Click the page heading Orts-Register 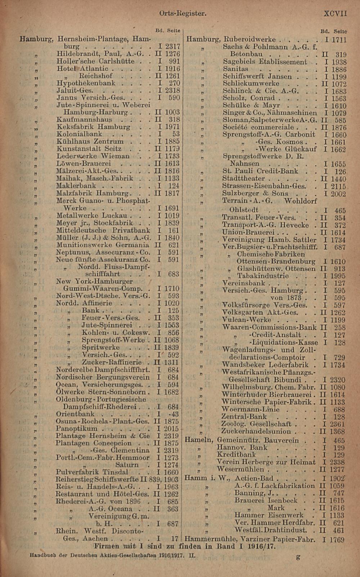[x=183, y=14]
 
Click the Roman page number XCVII [x=335, y=14]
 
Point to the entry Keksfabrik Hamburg [x=93, y=127]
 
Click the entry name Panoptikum [x=77, y=429]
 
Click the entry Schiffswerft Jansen [x=257, y=76]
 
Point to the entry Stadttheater [x=244, y=179]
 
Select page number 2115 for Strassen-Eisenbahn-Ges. [x=338, y=186]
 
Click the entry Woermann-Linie [x=250, y=409]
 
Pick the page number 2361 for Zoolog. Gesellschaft [x=338, y=424]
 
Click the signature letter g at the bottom [x=298, y=557]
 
